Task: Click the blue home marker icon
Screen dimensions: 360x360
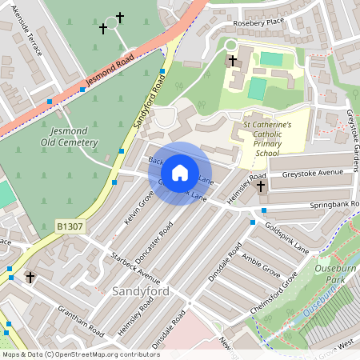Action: pos(180,173)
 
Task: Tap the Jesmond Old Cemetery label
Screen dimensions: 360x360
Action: pos(70,137)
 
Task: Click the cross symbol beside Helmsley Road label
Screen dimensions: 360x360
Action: pos(261,186)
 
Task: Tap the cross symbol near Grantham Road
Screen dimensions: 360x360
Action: pos(30,278)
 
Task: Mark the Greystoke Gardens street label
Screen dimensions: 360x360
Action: pos(350,132)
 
